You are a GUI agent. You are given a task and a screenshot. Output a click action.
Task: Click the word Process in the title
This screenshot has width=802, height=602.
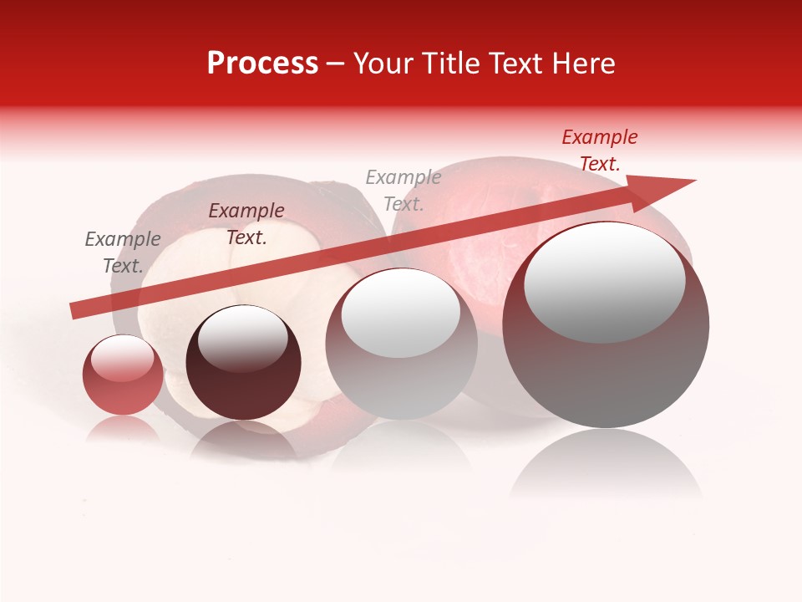[262, 64]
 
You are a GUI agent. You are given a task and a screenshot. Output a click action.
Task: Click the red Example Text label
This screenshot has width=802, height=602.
[600, 150]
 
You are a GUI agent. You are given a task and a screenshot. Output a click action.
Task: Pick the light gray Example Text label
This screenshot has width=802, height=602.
[404, 191]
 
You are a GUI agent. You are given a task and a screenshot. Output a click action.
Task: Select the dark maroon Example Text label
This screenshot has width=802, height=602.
[246, 224]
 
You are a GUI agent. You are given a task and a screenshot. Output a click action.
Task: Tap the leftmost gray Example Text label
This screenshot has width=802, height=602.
[123, 253]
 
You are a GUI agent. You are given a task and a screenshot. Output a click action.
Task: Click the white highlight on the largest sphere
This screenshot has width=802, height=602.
[605, 283]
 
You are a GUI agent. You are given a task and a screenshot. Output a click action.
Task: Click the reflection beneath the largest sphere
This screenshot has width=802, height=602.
[606, 464]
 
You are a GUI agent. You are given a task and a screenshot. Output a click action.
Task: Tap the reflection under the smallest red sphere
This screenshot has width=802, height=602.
[123, 428]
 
